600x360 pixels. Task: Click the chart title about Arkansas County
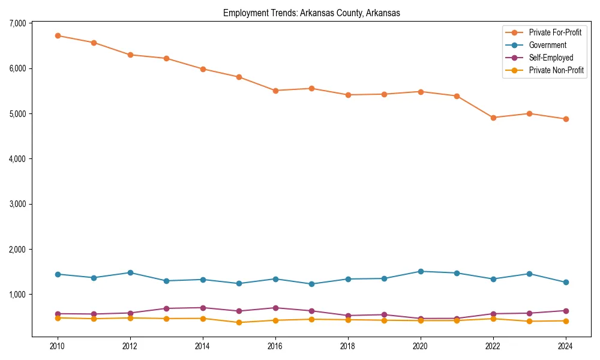pos(311,13)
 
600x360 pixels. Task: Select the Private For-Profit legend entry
pos(554,32)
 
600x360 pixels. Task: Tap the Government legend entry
pos(547,45)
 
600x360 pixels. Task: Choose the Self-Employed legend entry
pos(551,58)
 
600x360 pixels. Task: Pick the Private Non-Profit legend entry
pos(556,70)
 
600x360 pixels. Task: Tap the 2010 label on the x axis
pos(58,346)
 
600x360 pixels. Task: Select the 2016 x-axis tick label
pos(275,346)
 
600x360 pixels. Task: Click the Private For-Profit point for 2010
pos(58,35)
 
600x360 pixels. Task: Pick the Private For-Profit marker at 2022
pos(493,118)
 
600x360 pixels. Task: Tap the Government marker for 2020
pos(421,271)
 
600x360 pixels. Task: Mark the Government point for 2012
pos(130,272)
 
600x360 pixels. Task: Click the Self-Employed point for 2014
pos(203,308)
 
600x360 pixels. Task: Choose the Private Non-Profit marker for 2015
pos(239,322)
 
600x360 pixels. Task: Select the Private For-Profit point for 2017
pos(311,88)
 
